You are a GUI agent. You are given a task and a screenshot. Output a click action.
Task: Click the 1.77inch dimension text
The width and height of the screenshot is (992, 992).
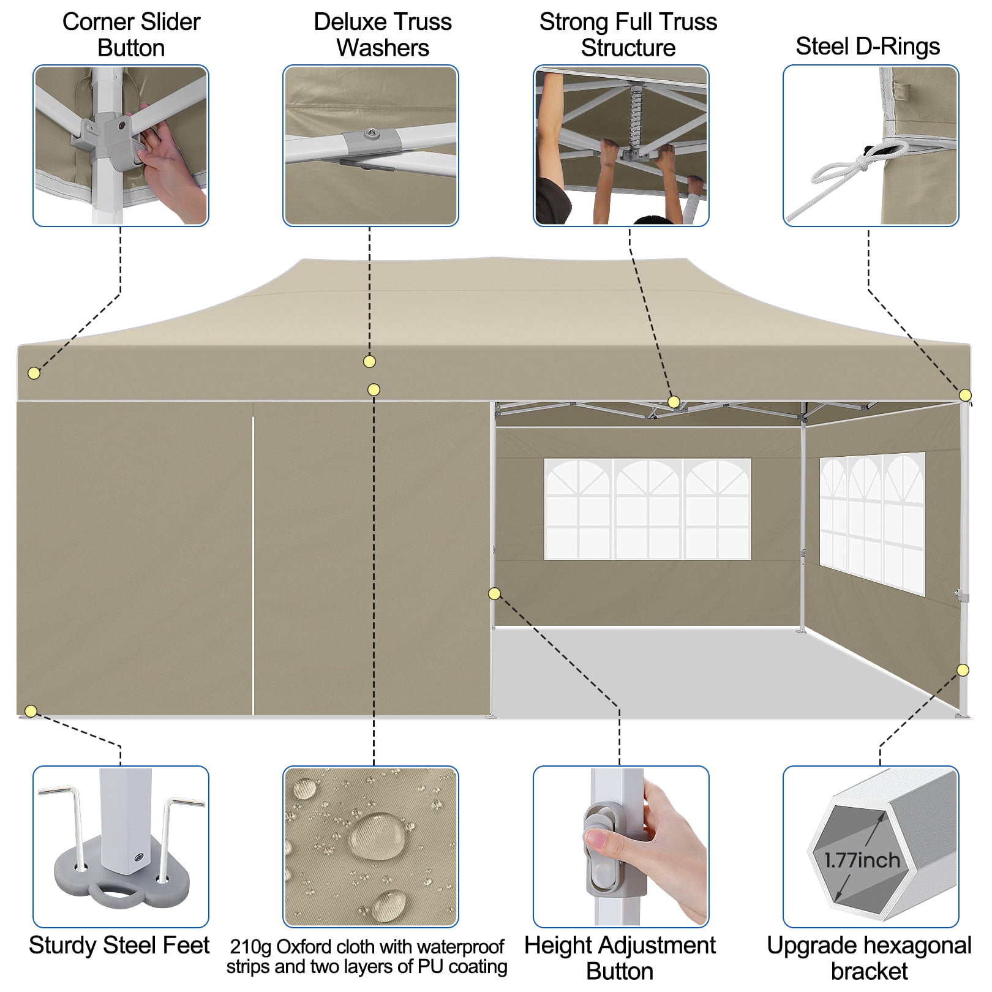click(x=862, y=860)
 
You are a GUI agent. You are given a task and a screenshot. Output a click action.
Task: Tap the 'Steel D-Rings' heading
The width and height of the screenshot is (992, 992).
click(x=867, y=47)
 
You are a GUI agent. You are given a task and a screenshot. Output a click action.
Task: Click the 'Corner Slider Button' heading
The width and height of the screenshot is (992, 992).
click(x=131, y=35)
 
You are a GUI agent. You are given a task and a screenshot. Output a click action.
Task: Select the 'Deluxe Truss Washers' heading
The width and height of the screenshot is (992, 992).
click(x=382, y=35)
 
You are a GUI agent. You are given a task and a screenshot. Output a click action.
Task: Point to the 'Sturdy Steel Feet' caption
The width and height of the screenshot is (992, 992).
click(x=119, y=945)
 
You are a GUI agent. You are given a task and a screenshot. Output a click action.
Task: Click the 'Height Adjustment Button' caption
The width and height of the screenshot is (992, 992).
click(x=620, y=958)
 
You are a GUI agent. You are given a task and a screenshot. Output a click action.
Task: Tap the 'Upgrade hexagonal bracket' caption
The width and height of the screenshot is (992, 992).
click(x=869, y=958)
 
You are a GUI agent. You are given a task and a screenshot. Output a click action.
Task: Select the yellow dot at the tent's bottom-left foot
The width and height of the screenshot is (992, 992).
click(x=31, y=711)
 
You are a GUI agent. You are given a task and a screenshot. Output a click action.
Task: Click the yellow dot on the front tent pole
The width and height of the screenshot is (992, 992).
click(x=494, y=593)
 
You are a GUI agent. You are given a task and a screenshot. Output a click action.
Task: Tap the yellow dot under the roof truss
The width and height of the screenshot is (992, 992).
click(x=674, y=402)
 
